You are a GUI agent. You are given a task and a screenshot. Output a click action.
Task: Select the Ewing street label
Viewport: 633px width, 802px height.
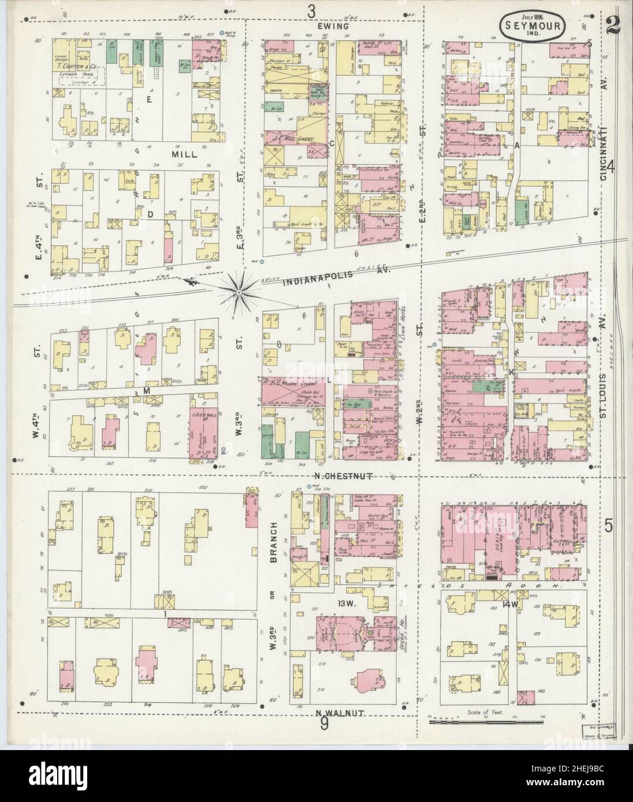point(333,26)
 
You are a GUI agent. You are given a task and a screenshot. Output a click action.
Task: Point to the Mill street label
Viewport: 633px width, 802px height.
point(184,155)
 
